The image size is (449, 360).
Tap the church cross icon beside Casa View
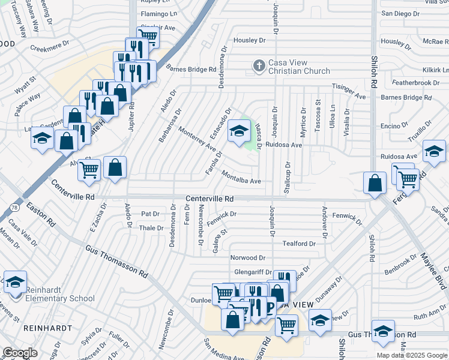coord(259,65)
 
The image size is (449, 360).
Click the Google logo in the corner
coord(20,353)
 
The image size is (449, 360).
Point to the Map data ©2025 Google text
coord(412,355)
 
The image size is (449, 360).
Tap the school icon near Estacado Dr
coord(239,131)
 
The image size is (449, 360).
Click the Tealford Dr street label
coord(299,244)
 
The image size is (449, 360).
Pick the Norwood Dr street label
coord(247,257)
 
